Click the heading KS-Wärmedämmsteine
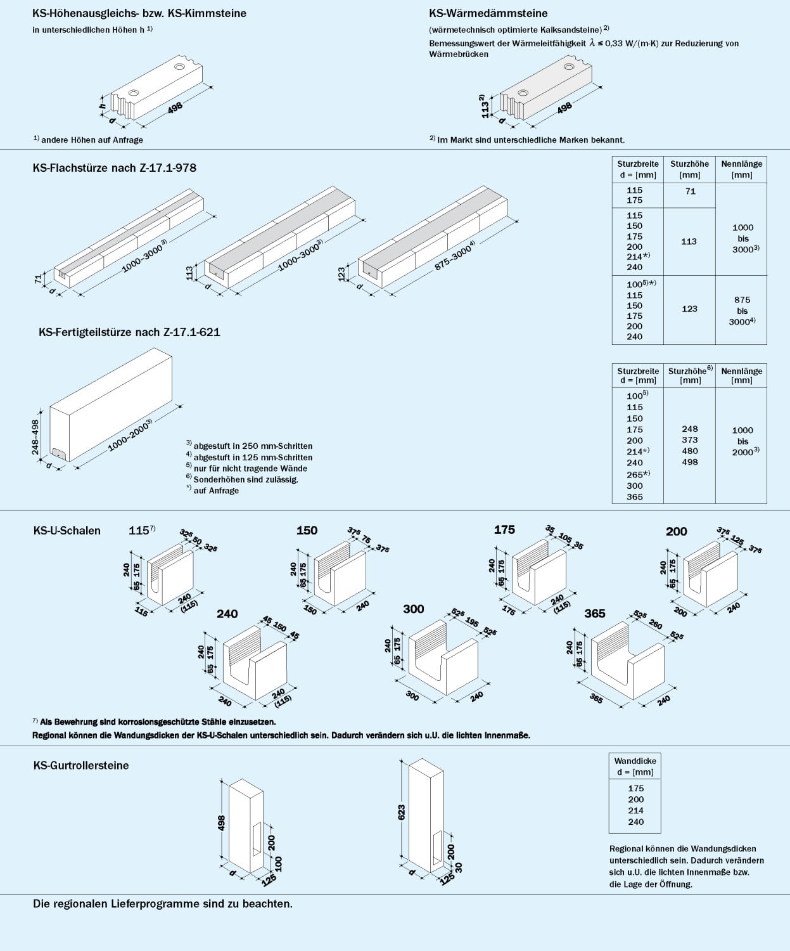(x=488, y=13)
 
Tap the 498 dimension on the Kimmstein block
(x=175, y=108)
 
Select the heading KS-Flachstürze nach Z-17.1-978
(x=115, y=167)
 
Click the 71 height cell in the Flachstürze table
(x=691, y=191)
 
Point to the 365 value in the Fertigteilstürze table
(x=634, y=497)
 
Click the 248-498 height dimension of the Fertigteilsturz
(x=35, y=437)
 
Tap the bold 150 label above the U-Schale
(x=307, y=530)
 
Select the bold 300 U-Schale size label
(x=413, y=609)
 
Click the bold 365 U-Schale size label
(x=595, y=614)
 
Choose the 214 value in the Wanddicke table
(x=635, y=810)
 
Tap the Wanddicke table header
(x=635, y=766)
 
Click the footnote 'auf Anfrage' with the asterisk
(x=212, y=491)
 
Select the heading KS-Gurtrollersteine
(x=81, y=765)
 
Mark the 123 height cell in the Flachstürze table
(x=689, y=309)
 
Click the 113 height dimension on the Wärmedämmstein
(x=485, y=109)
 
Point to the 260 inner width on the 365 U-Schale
(x=655, y=624)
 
